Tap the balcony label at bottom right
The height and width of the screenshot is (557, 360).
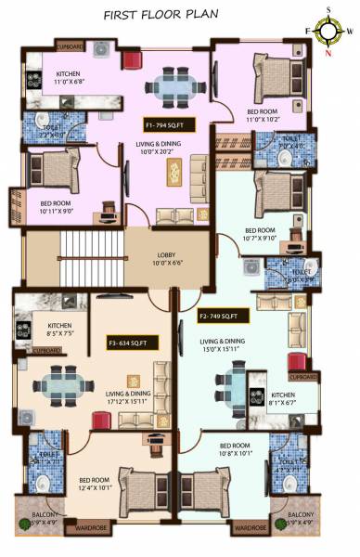(x=300, y=517)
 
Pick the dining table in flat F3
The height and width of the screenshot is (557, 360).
(x=63, y=381)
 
